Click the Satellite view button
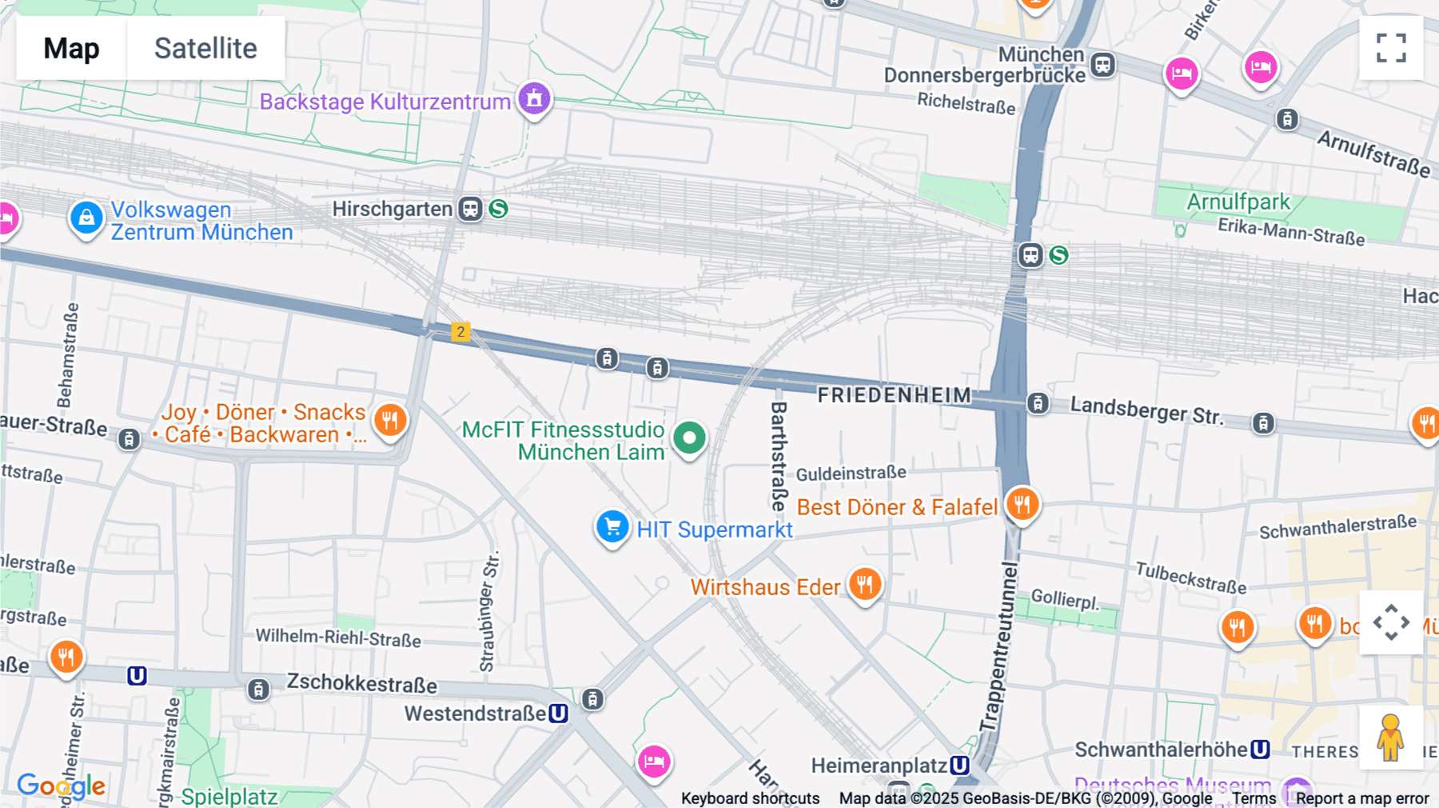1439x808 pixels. [x=205, y=48]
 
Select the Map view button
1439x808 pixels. [x=71, y=48]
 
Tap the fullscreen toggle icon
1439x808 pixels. [x=1391, y=48]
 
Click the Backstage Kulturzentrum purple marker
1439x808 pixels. [x=534, y=99]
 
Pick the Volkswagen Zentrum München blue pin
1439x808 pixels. [x=86, y=218]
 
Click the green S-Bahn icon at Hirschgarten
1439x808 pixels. [x=499, y=209]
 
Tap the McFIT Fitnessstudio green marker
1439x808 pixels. [x=689, y=438]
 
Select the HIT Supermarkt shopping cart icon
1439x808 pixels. [x=613, y=527]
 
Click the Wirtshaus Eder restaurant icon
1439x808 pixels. [x=864, y=584]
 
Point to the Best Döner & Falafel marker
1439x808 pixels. [x=1022, y=504]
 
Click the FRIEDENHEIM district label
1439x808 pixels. [x=894, y=395]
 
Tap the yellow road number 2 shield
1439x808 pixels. [x=460, y=332]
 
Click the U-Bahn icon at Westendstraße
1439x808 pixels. [x=559, y=713]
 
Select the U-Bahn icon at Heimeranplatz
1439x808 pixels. [x=960, y=766]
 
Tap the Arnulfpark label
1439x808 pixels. [x=1238, y=202]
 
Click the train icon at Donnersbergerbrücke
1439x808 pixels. [x=1103, y=65]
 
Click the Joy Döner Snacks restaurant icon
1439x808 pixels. [x=390, y=419]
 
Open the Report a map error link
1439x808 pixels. [x=1362, y=798]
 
